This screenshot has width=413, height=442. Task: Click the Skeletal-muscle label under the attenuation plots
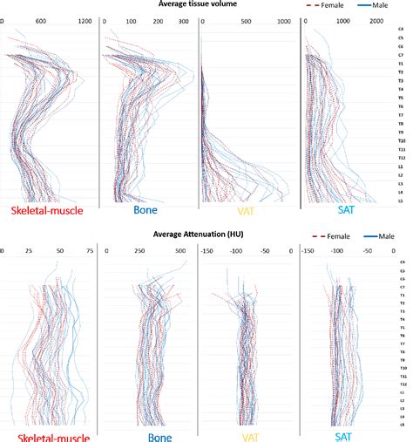point(48,432)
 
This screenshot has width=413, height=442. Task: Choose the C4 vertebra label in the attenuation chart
point(402,261)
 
